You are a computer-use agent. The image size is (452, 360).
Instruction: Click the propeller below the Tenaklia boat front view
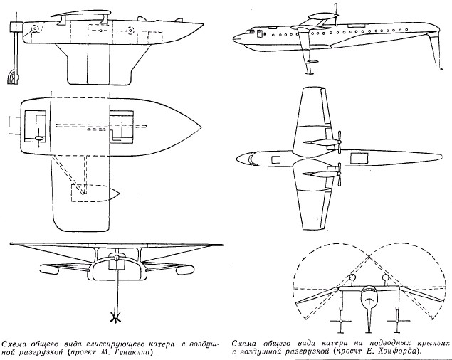coord(112,314)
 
